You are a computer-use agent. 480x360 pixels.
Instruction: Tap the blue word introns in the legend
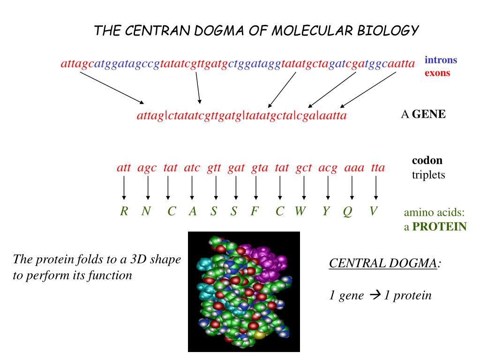441,60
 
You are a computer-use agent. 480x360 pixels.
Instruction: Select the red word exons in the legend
437,73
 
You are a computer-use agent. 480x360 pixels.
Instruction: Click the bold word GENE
428,114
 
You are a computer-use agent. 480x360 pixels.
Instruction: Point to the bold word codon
427,160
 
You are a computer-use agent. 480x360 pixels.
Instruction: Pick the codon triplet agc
147,168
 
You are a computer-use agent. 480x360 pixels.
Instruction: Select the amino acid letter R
124,211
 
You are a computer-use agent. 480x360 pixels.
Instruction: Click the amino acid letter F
255,211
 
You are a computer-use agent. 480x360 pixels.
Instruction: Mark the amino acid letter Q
347,212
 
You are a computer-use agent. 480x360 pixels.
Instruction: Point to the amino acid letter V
373,211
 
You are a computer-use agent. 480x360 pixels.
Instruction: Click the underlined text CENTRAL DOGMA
383,263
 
